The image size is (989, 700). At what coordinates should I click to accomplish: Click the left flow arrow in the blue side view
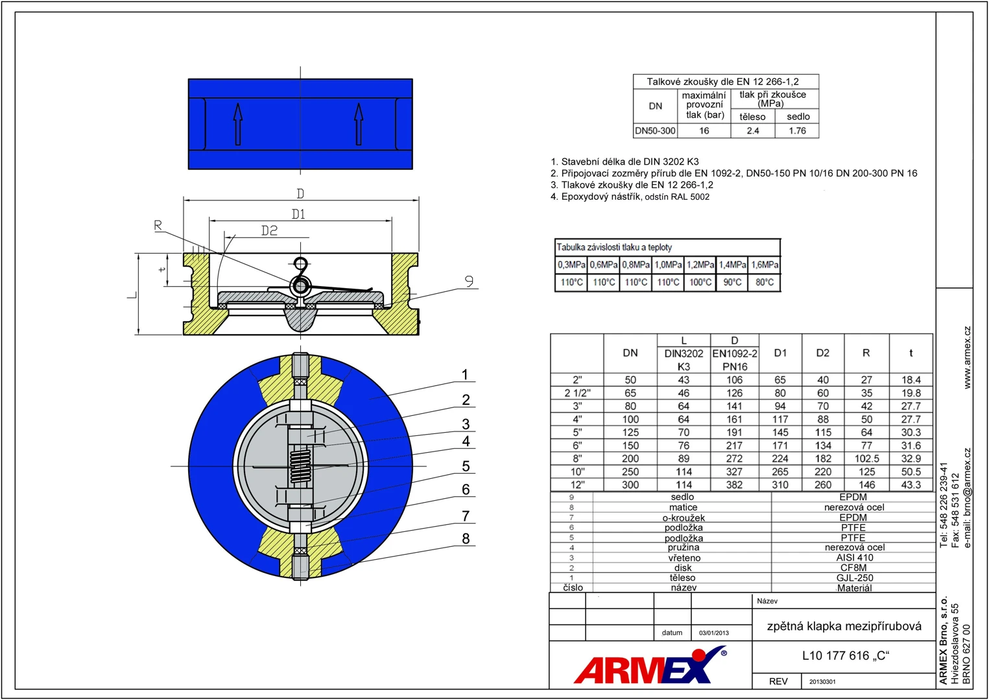coord(238,124)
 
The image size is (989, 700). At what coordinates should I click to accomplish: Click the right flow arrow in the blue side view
coord(359,124)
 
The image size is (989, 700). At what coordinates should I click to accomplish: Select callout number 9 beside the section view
coord(469,281)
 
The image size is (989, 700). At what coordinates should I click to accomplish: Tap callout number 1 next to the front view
coord(464,374)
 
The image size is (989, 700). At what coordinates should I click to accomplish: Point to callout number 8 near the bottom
coord(466,538)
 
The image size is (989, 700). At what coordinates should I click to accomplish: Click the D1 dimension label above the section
coord(298,214)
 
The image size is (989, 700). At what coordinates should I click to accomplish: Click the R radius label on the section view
coord(158,226)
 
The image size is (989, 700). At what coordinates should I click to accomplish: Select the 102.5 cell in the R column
coord(866,459)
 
